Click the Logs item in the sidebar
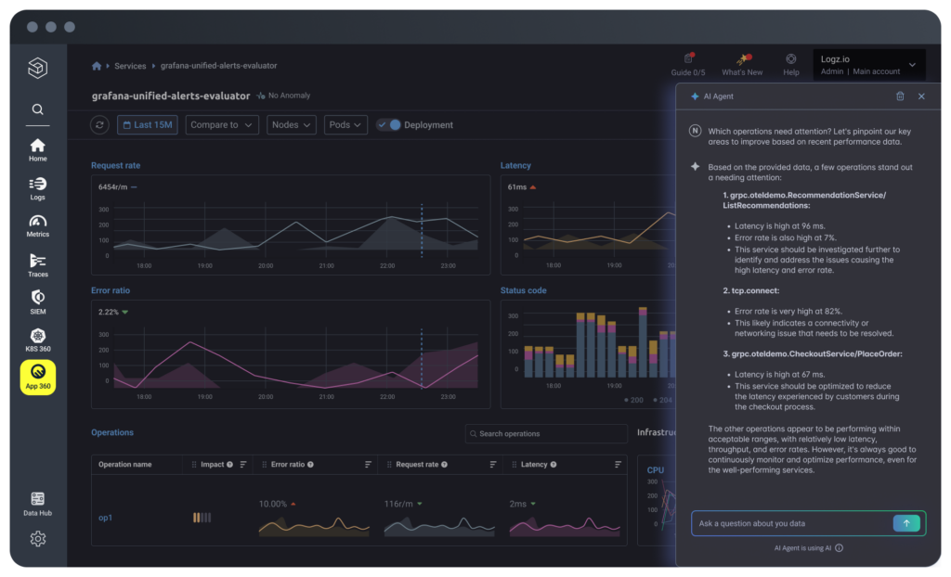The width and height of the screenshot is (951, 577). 37,188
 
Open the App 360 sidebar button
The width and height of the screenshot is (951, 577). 37,378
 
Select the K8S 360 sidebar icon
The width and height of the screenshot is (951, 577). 37,340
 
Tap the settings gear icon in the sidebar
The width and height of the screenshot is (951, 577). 37,539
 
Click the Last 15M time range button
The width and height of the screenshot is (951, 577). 146,125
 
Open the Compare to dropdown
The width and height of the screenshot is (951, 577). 222,125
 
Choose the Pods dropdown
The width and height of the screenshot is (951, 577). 345,125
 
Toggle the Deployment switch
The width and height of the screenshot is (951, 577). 389,125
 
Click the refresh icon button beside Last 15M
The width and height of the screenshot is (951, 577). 99,125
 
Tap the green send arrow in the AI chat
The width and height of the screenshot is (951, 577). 905,523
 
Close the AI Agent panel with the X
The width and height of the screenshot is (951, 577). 921,96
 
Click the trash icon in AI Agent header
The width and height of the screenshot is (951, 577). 900,96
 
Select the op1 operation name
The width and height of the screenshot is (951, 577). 105,518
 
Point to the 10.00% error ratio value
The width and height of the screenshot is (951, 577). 272,504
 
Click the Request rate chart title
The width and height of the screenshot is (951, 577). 115,166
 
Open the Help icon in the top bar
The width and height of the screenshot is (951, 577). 790,63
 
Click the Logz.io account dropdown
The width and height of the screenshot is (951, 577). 868,65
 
